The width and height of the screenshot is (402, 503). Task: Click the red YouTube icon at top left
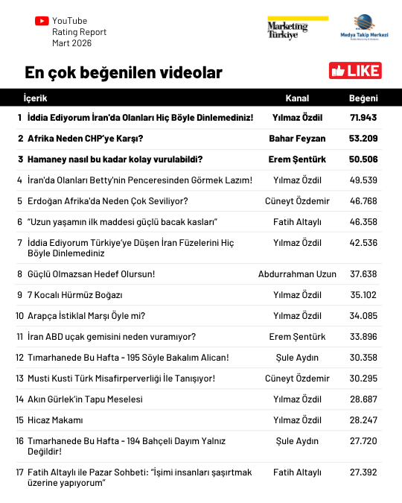click(x=42, y=21)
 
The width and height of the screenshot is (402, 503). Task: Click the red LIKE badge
click(x=355, y=71)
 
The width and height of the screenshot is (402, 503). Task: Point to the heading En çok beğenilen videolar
click(x=123, y=72)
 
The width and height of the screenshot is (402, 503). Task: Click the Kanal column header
click(x=297, y=98)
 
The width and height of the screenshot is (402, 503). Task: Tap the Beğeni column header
click(x=363, y=98)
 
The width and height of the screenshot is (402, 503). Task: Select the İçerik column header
click(x=35, y=98)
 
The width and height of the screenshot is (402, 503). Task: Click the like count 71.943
click(x=363, y=118)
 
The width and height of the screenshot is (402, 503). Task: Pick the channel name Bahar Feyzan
click(x=297, y=139)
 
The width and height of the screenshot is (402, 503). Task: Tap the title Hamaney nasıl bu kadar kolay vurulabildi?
click(x=115, y=159)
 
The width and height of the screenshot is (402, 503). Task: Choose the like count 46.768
click(x=363, y=201)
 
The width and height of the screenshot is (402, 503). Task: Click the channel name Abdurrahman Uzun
click(x=297, y=273)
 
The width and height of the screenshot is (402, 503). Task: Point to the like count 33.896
click(x=363, y=337)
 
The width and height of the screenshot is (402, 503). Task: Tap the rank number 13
click(x=19, y=379)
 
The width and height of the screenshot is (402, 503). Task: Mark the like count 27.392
click(x=363, y=472)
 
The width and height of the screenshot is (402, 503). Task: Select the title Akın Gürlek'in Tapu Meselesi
click(x=85, y=399)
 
